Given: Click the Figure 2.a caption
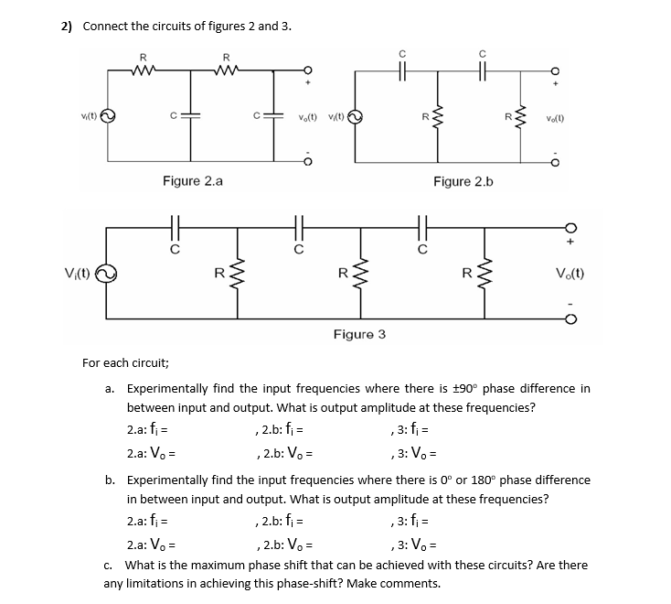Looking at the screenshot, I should tap(192, 181).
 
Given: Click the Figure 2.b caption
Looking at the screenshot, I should tap(463, 181).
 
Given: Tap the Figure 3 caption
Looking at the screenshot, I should tap(359, 334).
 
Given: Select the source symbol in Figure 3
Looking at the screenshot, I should tap(107, 272).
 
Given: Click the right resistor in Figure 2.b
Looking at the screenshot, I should tap(522, 115).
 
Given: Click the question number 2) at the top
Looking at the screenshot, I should tap(67, 26).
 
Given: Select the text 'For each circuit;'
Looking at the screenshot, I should tap(124, 363).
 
